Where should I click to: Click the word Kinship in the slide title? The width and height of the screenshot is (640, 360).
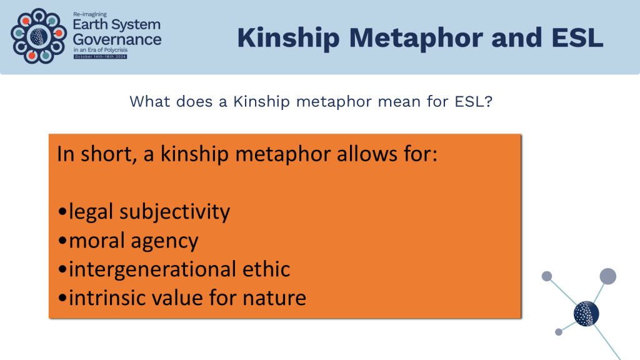click(288, 38)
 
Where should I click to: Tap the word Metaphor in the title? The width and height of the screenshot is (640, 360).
click(416, 38)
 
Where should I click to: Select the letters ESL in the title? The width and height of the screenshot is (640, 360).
click(577, 37)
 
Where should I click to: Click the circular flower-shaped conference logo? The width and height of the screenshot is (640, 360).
click(39, 36)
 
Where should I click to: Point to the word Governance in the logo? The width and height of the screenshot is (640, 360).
click(117, 39)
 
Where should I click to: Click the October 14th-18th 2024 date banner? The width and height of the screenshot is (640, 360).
click(101, 57)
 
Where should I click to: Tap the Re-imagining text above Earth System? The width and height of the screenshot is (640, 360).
click(90, 14)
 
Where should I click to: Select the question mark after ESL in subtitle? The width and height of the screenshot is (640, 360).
click(489, 101)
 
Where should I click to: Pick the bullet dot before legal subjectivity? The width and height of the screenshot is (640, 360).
click(62, 212)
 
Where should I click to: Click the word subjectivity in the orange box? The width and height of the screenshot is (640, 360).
click(175, 212)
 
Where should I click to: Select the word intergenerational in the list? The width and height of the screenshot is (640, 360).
click(153, 269)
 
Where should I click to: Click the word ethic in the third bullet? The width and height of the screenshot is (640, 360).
click(266, 269)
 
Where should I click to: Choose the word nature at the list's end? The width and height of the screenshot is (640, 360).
click(274, 298)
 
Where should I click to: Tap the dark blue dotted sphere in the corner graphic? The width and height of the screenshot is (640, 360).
click(586, 314)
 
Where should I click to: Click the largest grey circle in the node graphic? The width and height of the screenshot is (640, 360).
click(607, 276)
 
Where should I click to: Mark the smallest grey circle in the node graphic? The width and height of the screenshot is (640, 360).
click(559, 332)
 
